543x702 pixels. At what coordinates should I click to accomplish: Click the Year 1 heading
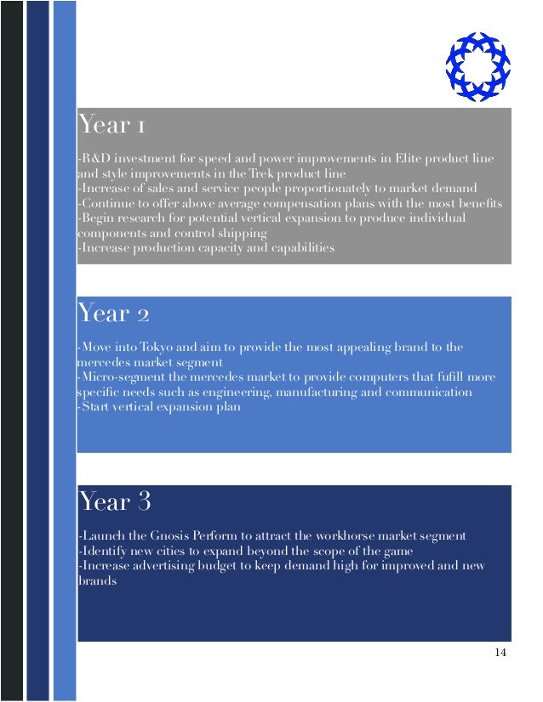click(x=111, y=126)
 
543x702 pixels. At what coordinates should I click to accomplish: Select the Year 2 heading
click(x=113, y=314)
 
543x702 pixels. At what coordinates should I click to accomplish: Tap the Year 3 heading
click(x=114, y=502)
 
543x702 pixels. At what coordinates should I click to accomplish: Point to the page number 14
click(x=500, y=652)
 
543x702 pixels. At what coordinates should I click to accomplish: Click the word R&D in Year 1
click(x=94, y=160)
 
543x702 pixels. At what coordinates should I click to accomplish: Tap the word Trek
click(x=266, y=174)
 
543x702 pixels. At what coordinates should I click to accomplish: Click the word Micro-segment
click(x=120, y=377)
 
